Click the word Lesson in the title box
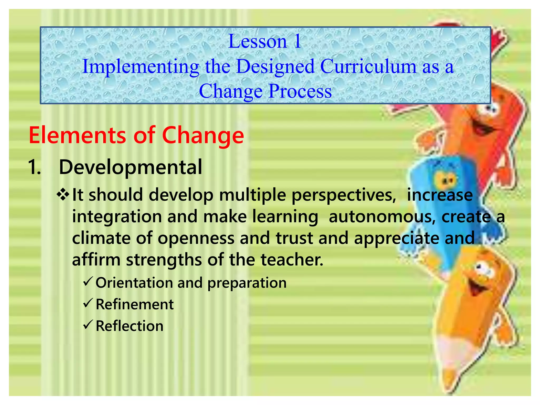257,41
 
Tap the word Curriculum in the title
368,66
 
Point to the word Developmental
131,167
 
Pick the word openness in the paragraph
196,238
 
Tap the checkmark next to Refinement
87,303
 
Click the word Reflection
129,326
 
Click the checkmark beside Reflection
87,325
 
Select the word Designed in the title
275,66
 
